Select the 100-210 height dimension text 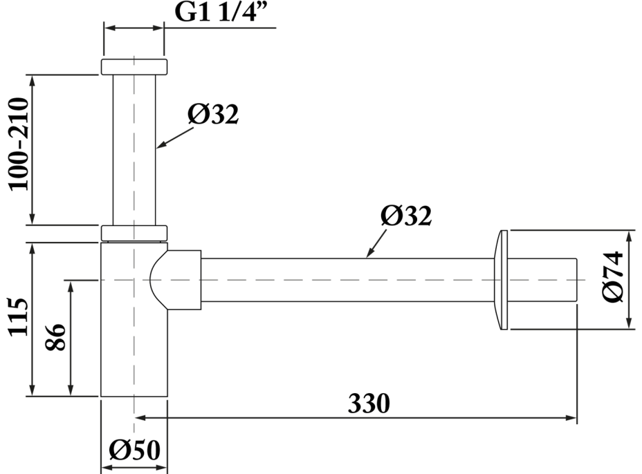pyautogui.click(x=19, y=144)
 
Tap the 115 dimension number pyautogui.click(x=19, y=317)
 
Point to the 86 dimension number pyautogui.click(x=55, y=337)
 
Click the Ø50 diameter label pyautogui.click(x=135, y=451)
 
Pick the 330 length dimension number pyautogui.click(x=369, y=404)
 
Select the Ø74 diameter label pyautogui.click(x=612, y=277)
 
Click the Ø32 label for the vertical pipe pyautogui.click(x=213, y=114)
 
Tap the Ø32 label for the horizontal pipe pyautogui.click(x=406, y=216)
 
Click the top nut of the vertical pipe pyautogui.click(x=134, y=67)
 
